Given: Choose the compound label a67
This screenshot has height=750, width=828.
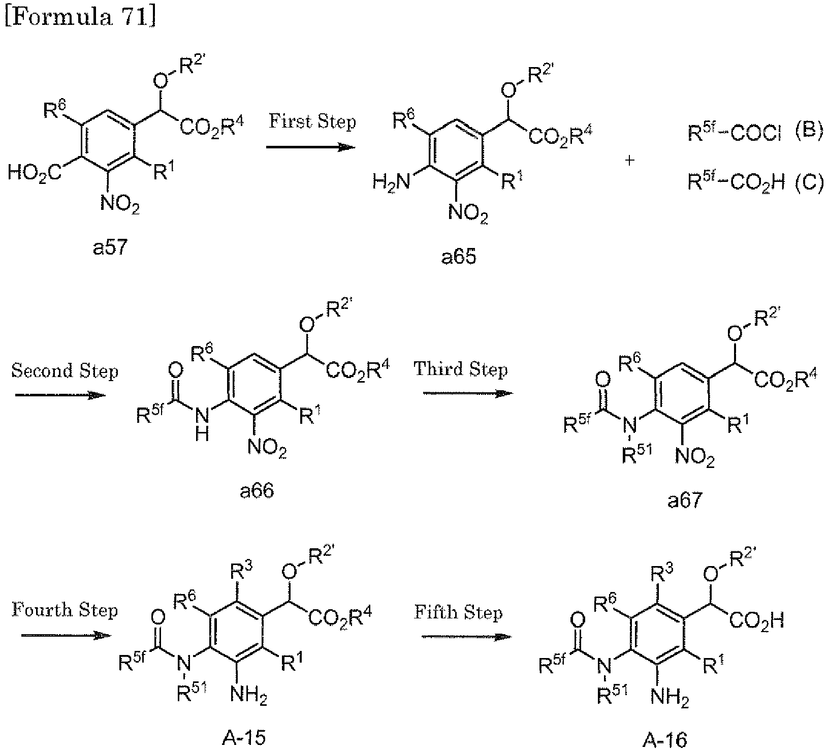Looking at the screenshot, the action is point(685,501).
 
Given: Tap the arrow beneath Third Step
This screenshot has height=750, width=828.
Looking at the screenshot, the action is point(467,393).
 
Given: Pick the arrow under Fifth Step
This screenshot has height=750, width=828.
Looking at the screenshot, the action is point(466,636).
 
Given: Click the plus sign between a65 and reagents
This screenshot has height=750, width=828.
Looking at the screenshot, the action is point(630,161).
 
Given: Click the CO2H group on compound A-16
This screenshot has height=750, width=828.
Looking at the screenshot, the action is point(756,620).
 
